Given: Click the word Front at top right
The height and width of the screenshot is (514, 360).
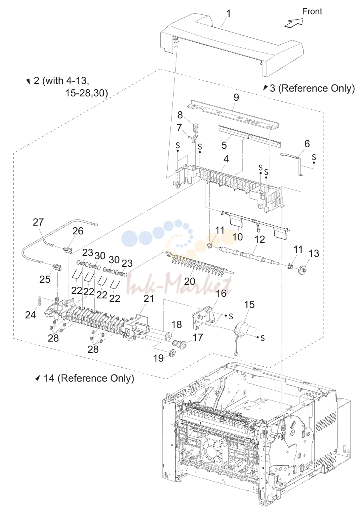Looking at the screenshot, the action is pos(312,11).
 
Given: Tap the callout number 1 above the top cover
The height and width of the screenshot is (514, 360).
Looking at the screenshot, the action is pos(228,14).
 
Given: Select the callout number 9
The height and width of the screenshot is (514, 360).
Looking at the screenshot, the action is pos(236,98).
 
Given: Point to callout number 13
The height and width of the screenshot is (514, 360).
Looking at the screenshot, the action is pos(314,253).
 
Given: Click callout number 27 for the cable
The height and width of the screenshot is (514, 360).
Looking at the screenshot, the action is pos(38,222).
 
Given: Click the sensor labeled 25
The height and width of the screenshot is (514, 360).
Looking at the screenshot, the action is pos(57,267).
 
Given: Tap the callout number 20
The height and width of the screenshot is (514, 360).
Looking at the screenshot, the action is pos(190,281).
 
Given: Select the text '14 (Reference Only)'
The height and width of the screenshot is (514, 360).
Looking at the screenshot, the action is pos(89,378).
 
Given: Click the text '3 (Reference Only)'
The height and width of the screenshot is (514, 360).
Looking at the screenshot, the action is pos(312,88).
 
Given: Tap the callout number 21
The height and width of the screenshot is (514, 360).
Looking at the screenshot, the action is pos(148,298).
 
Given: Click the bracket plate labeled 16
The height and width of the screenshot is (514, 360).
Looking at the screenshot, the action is pos(202,315).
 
